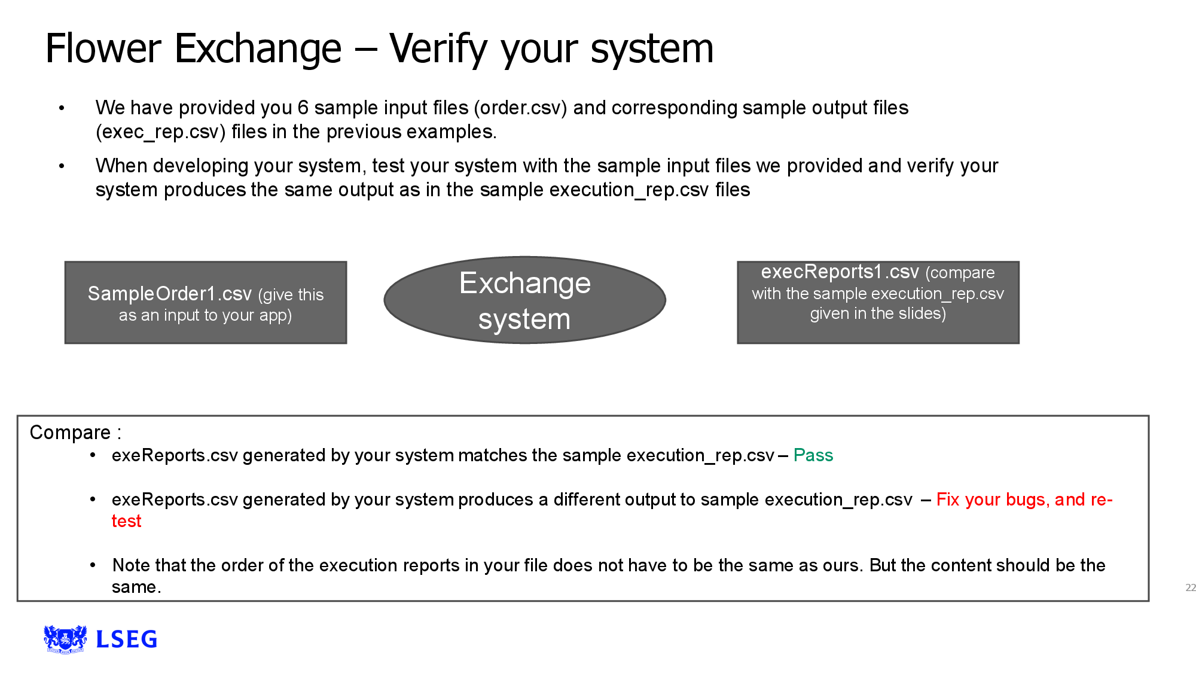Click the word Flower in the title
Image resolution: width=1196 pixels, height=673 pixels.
[x=103, y=48]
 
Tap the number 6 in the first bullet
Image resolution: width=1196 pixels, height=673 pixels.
[x=303, y=108]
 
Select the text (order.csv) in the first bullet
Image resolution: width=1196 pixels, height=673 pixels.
[x=520, y=108]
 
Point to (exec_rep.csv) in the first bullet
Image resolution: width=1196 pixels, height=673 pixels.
[x=161, y=132]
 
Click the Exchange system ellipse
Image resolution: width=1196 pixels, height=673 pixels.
[x=524, y=300]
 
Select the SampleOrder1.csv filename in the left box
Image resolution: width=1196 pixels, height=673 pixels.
[x=170, y=294]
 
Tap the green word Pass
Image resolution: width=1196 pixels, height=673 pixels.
[x=813, y=455]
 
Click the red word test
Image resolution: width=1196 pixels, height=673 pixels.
[x=126, y=521]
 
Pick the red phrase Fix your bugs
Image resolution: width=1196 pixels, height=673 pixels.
[x=990, y=500]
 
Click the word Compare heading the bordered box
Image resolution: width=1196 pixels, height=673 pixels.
[x=70, y=433]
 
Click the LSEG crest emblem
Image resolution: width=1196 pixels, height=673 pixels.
[x=65, y=639]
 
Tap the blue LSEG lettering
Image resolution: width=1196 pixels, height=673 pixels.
[x=127, y=639]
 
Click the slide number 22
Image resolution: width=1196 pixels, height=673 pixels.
[x=1190, y=587]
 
